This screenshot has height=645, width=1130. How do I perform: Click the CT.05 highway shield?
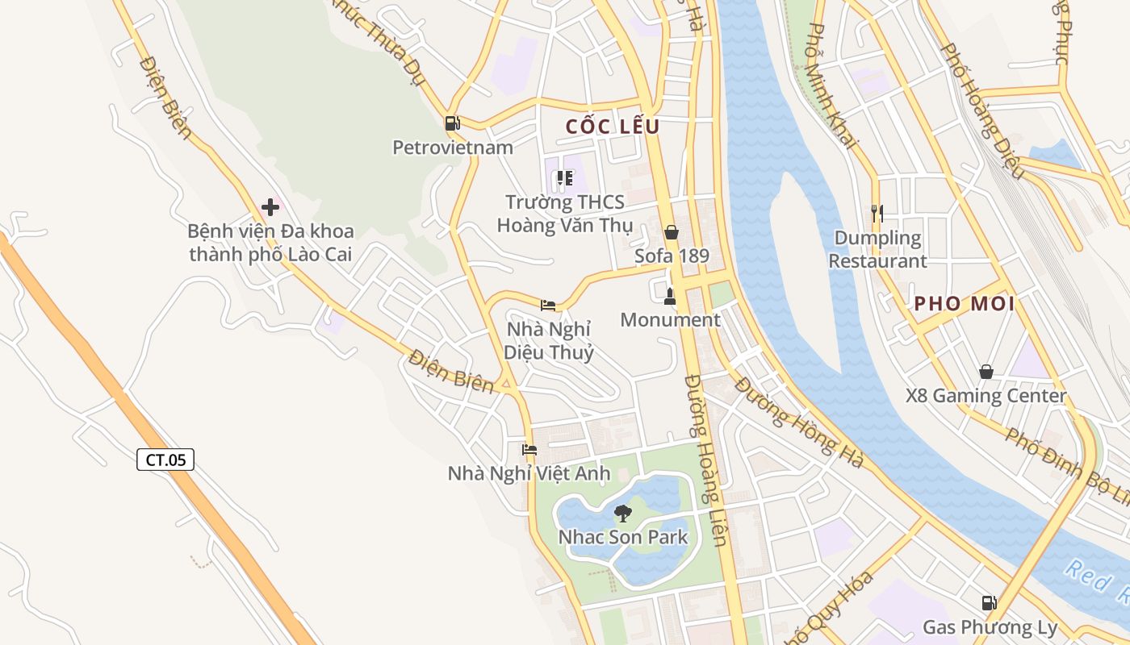click(165, 460)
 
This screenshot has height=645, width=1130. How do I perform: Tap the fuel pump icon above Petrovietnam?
click(452, 123)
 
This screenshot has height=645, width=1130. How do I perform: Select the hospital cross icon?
click(270, 207)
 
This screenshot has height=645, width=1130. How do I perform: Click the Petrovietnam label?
click(453, 148)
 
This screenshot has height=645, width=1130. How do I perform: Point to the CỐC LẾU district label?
click(613, 127)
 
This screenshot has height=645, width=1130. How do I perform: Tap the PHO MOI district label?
click(965, 304)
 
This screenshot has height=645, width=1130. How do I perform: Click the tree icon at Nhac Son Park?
click(622, 513)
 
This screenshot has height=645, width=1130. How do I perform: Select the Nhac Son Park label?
click(623, 537)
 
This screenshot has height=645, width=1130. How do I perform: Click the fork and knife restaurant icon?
click(877, 213)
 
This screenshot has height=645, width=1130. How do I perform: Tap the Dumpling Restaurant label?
click(877, 249)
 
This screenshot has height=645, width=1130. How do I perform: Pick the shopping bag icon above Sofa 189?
click(671, 233)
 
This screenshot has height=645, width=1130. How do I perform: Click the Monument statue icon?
click(669, 297)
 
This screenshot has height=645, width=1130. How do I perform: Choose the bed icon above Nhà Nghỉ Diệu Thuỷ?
click(548, 305)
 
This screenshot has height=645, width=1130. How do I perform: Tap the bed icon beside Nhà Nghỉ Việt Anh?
click(529, 450)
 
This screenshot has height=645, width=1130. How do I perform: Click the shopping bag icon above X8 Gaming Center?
click(986, 372)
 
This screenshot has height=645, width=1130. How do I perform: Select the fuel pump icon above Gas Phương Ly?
click(989, 603)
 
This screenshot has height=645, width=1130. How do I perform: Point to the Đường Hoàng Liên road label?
click(706, 460)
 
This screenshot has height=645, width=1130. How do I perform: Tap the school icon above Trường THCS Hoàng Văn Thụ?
click(565, 178)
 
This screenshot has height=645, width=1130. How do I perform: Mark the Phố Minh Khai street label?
click(831, 85)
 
